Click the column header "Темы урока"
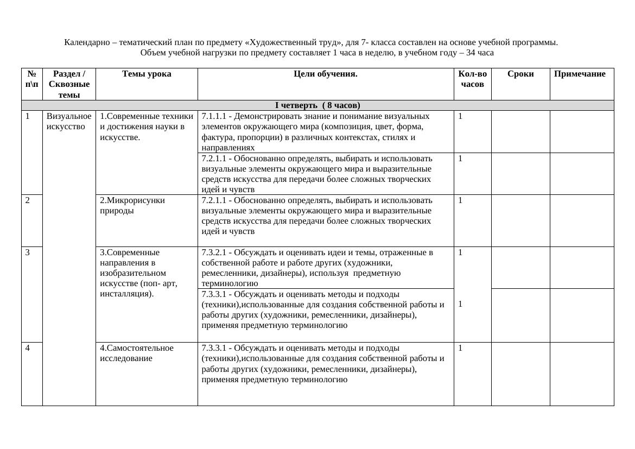[147, 74]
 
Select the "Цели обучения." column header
[325, 74]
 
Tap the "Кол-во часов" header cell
[472, 79]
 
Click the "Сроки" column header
[520, 74]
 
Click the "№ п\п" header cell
[31, 79]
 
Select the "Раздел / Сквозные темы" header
[69, 84]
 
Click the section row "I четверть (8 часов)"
[317, 105]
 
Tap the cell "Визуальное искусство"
[69, 121]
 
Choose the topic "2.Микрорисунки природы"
[132, 205]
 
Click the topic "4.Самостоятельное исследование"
[137, 353]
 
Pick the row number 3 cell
[27, 252]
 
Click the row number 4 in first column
[27, 348]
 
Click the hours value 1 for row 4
[460, 348]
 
